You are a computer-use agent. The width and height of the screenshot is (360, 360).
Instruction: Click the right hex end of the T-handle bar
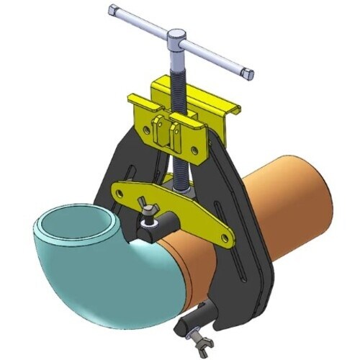click(x=247, y=73)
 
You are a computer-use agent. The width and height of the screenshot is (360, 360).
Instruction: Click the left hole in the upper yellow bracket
click(x=145, y=130)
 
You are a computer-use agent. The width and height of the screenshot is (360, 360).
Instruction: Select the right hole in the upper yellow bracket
click(x=192, y=150)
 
